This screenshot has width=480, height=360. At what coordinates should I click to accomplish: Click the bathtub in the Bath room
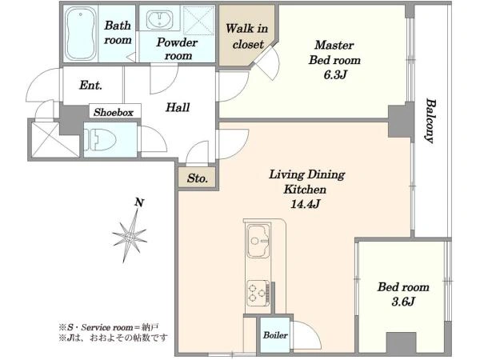click(x=81, y=34)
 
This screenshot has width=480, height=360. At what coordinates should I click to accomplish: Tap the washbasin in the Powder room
click(x=159, y=19)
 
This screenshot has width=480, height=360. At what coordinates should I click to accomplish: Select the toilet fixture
click(x=101, y=140)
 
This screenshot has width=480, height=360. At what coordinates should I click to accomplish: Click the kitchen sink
click(x=258, y=241)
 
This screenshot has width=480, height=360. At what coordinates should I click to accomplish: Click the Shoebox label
click(x=114, y=112)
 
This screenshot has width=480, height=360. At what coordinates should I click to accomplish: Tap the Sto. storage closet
click(x=198, y=178)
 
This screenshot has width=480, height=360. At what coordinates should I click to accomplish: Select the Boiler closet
click(x=275, y=335)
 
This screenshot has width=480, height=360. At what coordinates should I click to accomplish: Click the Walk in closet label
click(x=246, y=37)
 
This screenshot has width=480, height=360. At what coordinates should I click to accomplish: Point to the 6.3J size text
click(x=335, y=74)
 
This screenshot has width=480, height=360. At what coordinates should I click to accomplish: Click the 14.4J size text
click(x=305, y=203)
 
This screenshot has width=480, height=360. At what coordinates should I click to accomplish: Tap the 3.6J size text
click(x=403, y=302)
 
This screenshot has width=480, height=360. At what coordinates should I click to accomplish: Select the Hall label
click(x=178, y=107)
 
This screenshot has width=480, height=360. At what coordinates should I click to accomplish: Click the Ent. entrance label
click(x=90, y=85)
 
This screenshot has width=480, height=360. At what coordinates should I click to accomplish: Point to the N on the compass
click(x=139, y=202)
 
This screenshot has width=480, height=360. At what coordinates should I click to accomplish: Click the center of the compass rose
click(x=130, y=236)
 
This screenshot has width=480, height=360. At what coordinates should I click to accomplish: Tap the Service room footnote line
click(x=109, y=327)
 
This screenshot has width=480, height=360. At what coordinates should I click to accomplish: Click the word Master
click(x=334, y=45)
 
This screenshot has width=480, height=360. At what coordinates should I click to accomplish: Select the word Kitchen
click(x=305, y=190)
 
